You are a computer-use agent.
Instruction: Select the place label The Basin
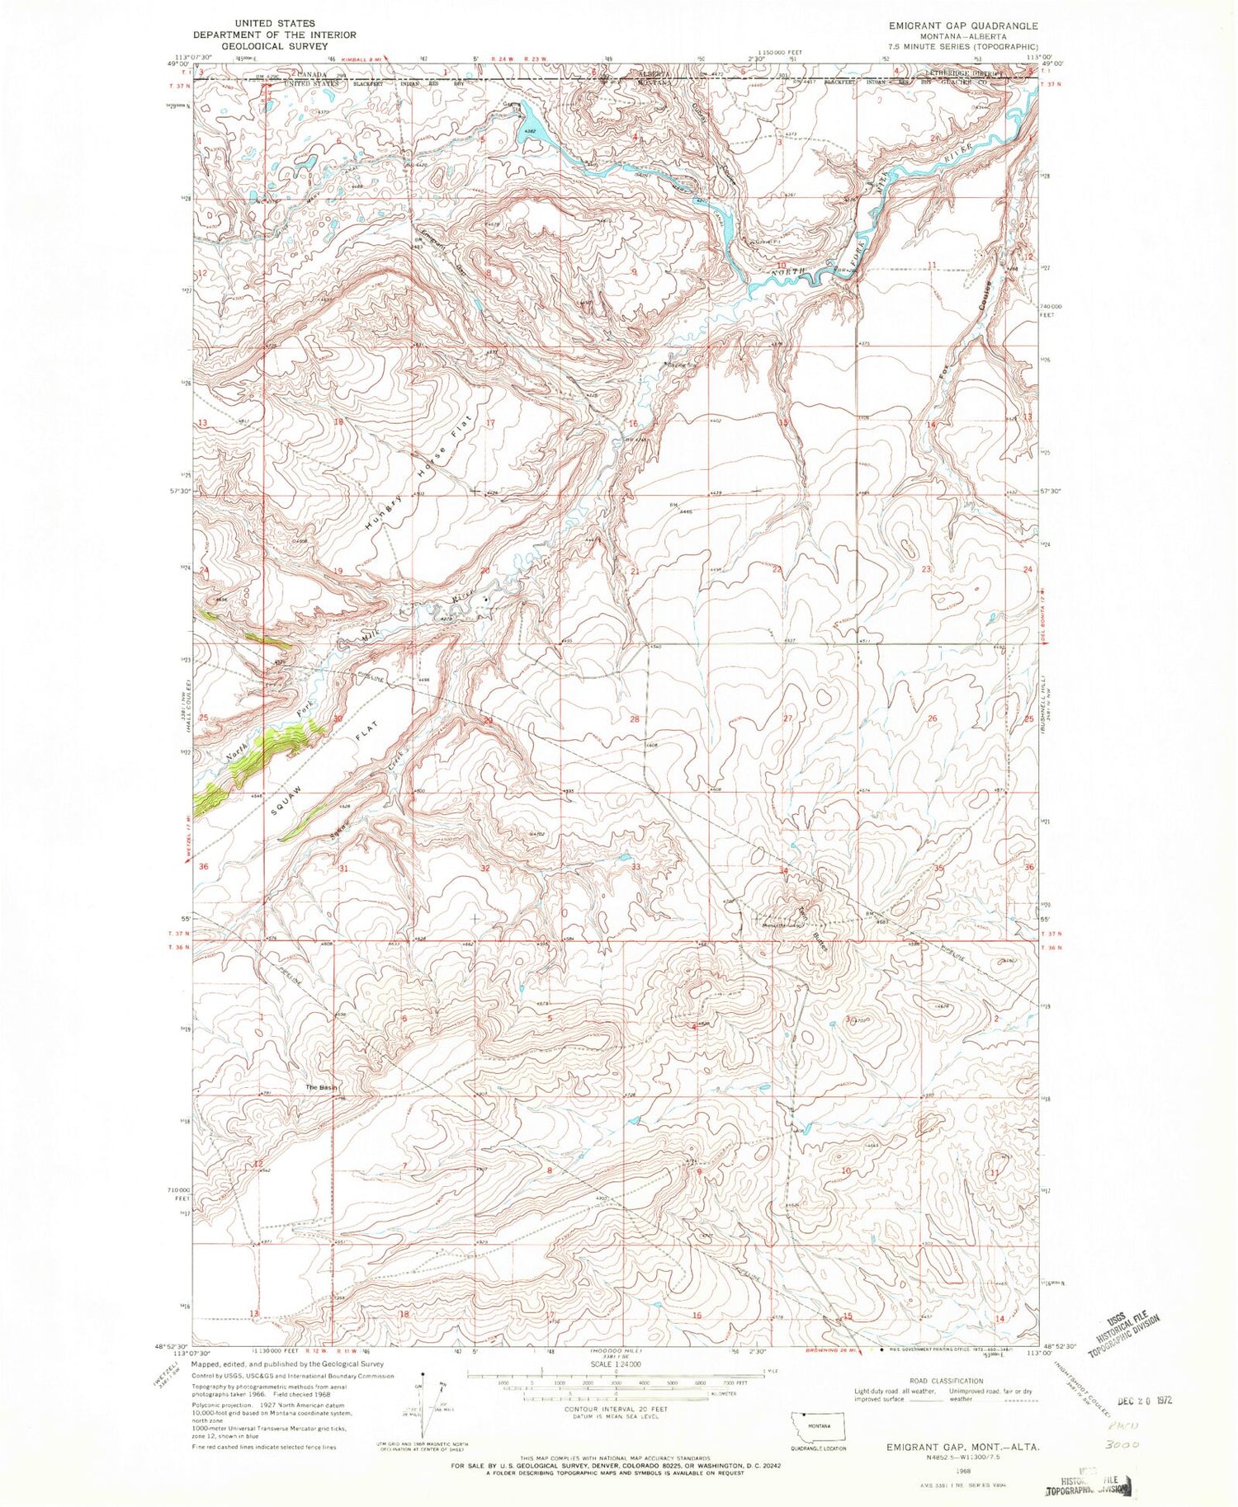322,1088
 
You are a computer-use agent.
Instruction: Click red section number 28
635,719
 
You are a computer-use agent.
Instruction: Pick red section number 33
636,867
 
